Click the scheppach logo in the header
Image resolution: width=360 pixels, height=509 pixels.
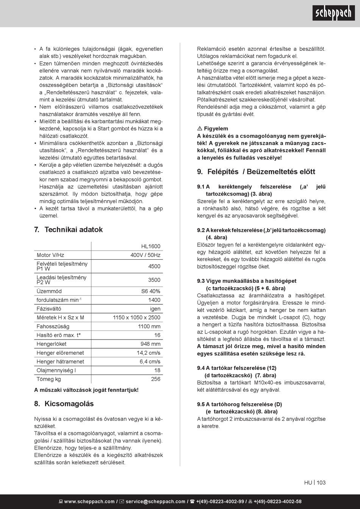coord(333,13)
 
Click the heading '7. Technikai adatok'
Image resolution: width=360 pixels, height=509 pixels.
coord(69,230)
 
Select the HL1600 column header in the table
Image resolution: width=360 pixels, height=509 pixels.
coord(151,246)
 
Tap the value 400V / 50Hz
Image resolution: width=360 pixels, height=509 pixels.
coord(146,255)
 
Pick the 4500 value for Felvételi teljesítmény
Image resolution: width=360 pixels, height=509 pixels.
coord(154,266)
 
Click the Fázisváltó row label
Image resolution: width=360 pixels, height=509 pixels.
coord(49,309)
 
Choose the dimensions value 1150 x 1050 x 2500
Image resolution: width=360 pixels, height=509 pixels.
coord(136,318)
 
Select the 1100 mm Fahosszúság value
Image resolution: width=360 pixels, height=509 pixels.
coord(149,326)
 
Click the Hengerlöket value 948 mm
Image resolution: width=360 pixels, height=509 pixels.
coord(150,344)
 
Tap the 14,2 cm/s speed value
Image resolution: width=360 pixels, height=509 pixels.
coord(149,353)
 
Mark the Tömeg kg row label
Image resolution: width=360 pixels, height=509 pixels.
coord(49,379)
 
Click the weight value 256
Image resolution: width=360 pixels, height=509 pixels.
coord(156,379)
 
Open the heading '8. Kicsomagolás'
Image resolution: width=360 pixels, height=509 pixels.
coord(64,404)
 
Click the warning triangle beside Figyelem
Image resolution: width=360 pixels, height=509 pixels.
coord(200,129)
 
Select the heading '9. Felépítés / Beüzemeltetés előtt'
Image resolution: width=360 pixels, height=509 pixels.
coord(256,172)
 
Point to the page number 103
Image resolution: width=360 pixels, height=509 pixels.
coord(321,483)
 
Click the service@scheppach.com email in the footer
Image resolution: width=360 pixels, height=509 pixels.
coord(155,502)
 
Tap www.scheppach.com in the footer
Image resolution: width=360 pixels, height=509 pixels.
coord(89,502)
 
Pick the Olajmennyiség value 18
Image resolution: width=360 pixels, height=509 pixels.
coord(157,370)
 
